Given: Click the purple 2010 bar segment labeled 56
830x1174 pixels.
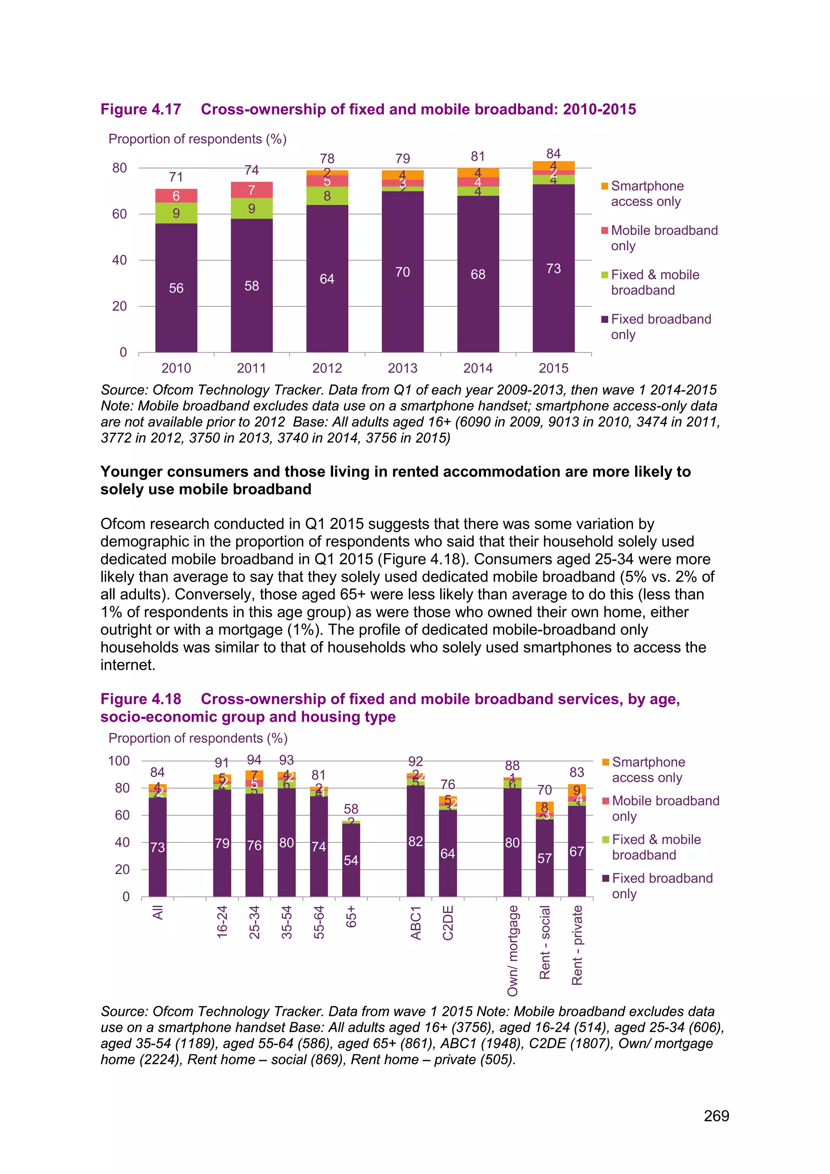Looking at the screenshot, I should pos(176,288).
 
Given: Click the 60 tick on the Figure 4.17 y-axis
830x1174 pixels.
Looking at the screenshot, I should pos(120,214).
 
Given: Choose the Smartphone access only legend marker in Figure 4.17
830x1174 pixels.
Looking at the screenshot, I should pos(605,186).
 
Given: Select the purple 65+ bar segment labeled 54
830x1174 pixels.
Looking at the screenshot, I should pos(351,861).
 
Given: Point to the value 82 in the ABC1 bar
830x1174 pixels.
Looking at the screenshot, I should pos(415,841).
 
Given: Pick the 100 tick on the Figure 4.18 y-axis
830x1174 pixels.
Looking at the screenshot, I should pos(119,761).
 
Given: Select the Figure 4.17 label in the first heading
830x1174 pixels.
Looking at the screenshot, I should pos(141,109).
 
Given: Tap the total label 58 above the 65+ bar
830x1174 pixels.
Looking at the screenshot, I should pos(351,808).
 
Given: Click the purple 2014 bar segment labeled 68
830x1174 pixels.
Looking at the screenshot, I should pos(478,274).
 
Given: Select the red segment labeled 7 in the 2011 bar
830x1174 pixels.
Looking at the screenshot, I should pos(251,190).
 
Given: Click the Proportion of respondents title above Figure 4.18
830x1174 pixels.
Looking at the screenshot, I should pos(198,738).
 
